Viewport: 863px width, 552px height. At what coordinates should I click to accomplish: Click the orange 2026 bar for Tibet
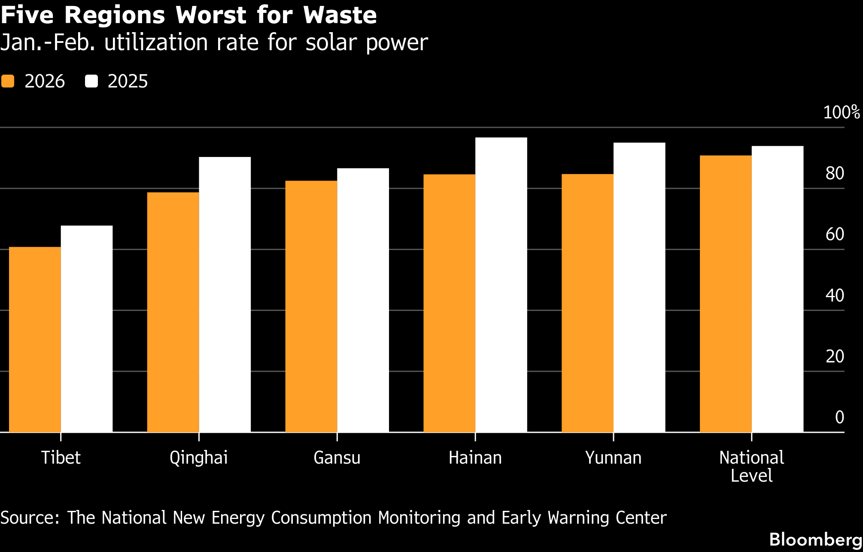click(x=35, y=339)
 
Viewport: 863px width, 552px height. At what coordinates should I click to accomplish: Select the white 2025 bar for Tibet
click(x=87, y=329)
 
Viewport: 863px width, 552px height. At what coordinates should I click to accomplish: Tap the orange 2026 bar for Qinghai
click(x=173, y=312)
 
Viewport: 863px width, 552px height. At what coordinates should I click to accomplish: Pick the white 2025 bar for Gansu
click(x=363, y=300)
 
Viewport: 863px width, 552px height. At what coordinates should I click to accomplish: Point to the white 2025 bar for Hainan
click(x=501, y=284)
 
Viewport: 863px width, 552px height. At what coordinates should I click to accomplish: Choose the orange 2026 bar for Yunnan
click(x=587, y=303)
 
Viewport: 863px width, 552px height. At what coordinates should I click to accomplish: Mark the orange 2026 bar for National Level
click(x=726, y=293)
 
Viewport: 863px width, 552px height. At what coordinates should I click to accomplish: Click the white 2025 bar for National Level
click(x=778, y=289)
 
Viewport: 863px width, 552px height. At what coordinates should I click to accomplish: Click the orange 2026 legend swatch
click(x=8, y=81)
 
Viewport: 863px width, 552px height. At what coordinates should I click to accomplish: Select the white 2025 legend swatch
click(x=91, y=81)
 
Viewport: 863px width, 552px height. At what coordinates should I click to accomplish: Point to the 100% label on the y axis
click(x=841, y=112)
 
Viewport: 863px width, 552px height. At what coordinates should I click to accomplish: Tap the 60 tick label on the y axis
click(x=835, y=234)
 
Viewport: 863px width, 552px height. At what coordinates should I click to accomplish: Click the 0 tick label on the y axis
click(x=839, y=417)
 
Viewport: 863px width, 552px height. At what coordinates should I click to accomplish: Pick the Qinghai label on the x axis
click(x=198, y=458)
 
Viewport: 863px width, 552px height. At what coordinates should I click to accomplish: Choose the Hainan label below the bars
click(x=475, y=458)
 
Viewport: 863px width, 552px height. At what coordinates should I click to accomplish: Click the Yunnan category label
click(x=613, y=458)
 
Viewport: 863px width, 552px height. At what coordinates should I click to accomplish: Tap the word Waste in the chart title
click(x=340, y=15)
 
